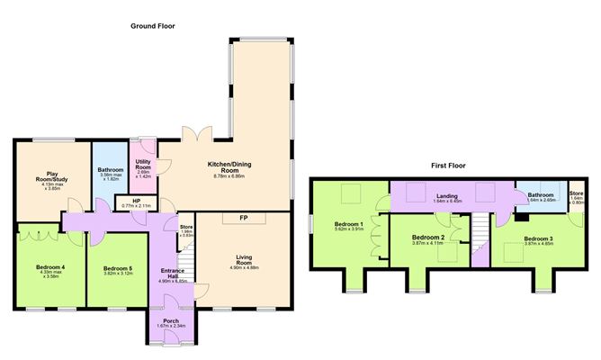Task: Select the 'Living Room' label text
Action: (244, 259)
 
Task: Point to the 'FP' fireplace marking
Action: (242, 219)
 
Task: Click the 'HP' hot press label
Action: (136, 201)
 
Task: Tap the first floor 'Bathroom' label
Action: (540, 194)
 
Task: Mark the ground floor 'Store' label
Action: (186, 227)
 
